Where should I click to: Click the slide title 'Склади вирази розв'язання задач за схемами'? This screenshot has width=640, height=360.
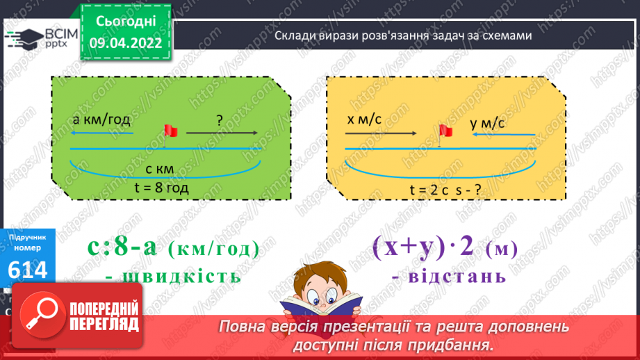click(x=403, y=36)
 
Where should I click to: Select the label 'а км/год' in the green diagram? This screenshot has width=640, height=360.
click(x=101, y=119)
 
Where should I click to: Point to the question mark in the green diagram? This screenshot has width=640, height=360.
click(x=219, y=120)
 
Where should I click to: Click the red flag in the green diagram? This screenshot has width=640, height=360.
click(x=168, y=131)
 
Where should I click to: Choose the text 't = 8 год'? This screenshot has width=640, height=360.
click(x=162, y=187)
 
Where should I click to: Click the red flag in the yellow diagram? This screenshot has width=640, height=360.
click(x=445, y=131)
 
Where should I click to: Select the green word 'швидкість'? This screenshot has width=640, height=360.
click(x=174, y=275)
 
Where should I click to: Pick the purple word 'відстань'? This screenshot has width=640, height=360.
click(x=450, y=275)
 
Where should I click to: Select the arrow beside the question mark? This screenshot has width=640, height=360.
click(x=222, y=132)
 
